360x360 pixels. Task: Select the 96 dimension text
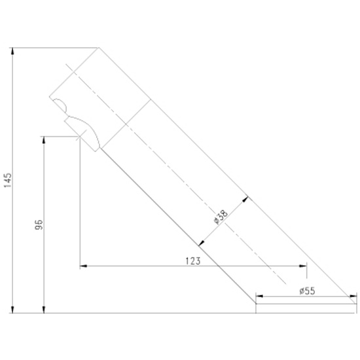click(39, 225)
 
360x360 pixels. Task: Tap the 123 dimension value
click(193, 261)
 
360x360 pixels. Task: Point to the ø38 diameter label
click(221, 217)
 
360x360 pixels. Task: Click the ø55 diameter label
click(308, 291)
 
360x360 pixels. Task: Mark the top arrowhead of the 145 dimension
click(13, 51)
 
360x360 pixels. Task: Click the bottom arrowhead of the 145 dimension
click(13, 310)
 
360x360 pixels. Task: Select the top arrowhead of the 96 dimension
click(44, 140)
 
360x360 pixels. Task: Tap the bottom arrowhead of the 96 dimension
click(44, 310)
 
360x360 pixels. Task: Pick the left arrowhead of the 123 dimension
click(83, 266)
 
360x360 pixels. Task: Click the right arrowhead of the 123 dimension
click(303, 266)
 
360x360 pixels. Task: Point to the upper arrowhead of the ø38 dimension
click(245, 199)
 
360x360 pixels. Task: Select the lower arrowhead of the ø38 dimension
click(202, 243)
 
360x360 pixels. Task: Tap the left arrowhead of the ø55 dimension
click(259, 296)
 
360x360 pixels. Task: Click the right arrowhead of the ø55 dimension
click(353, 296)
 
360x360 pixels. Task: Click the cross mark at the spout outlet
click(79, 136)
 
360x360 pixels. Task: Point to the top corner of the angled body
click(99, 48)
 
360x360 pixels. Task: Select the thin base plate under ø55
click(306, 308)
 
